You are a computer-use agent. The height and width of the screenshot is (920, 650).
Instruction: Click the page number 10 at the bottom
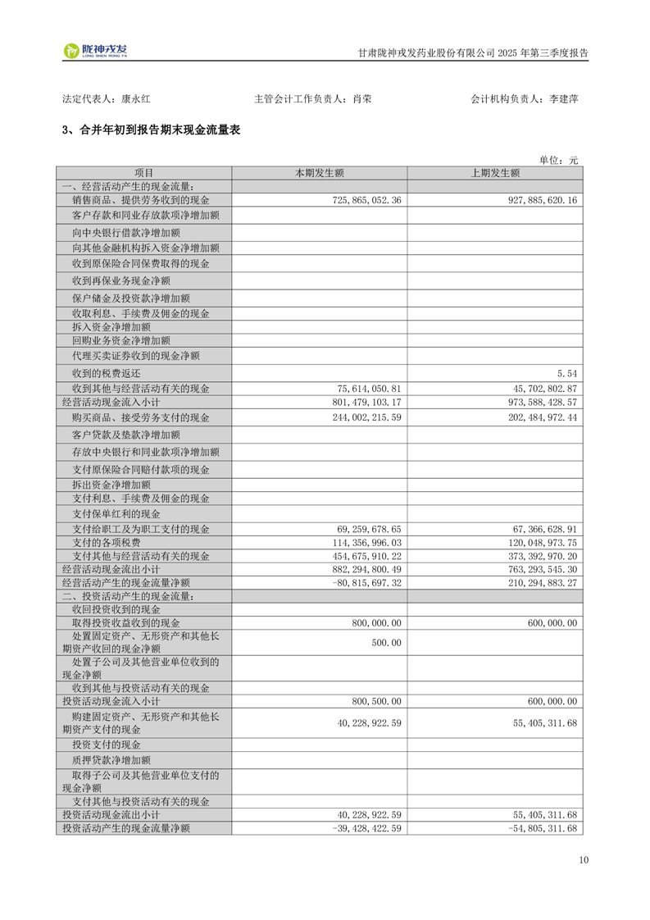[583, 860]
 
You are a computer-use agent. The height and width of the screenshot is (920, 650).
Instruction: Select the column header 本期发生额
[319, 173]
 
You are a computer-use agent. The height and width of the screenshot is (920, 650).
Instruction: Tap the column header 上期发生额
[495, 173]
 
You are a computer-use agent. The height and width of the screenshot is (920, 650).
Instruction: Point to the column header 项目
[143, 173]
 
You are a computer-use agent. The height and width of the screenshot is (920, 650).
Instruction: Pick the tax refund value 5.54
[566, 373]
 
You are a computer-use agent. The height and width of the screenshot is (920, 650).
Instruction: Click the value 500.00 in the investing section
[386, 643]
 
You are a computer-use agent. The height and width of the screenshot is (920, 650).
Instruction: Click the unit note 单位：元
[558, 160]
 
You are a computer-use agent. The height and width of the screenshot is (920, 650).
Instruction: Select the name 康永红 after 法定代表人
[135, 98]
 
